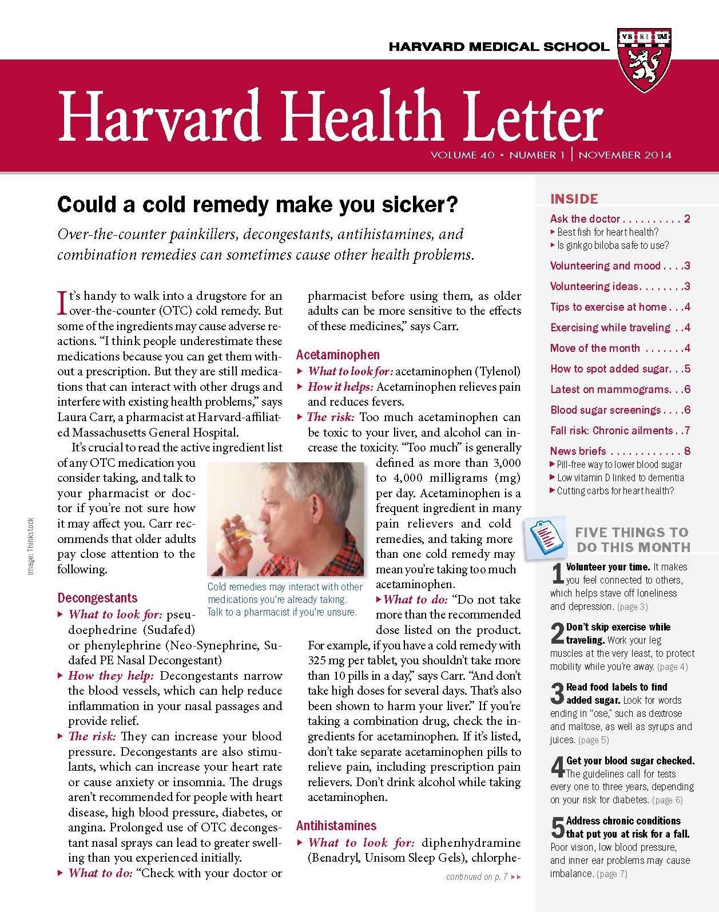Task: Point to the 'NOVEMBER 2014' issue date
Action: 625,155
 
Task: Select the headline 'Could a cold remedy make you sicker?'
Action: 258,204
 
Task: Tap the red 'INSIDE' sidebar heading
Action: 574,199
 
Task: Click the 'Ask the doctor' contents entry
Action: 585,219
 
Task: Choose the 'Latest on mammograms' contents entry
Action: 609,389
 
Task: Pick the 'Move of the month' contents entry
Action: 595,348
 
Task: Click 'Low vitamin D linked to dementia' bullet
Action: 620,478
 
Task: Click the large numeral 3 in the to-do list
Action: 557,694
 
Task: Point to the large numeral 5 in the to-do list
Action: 557,827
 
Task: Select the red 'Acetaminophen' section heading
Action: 337,355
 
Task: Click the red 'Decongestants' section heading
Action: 97,598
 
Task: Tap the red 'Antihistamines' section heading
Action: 336,826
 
